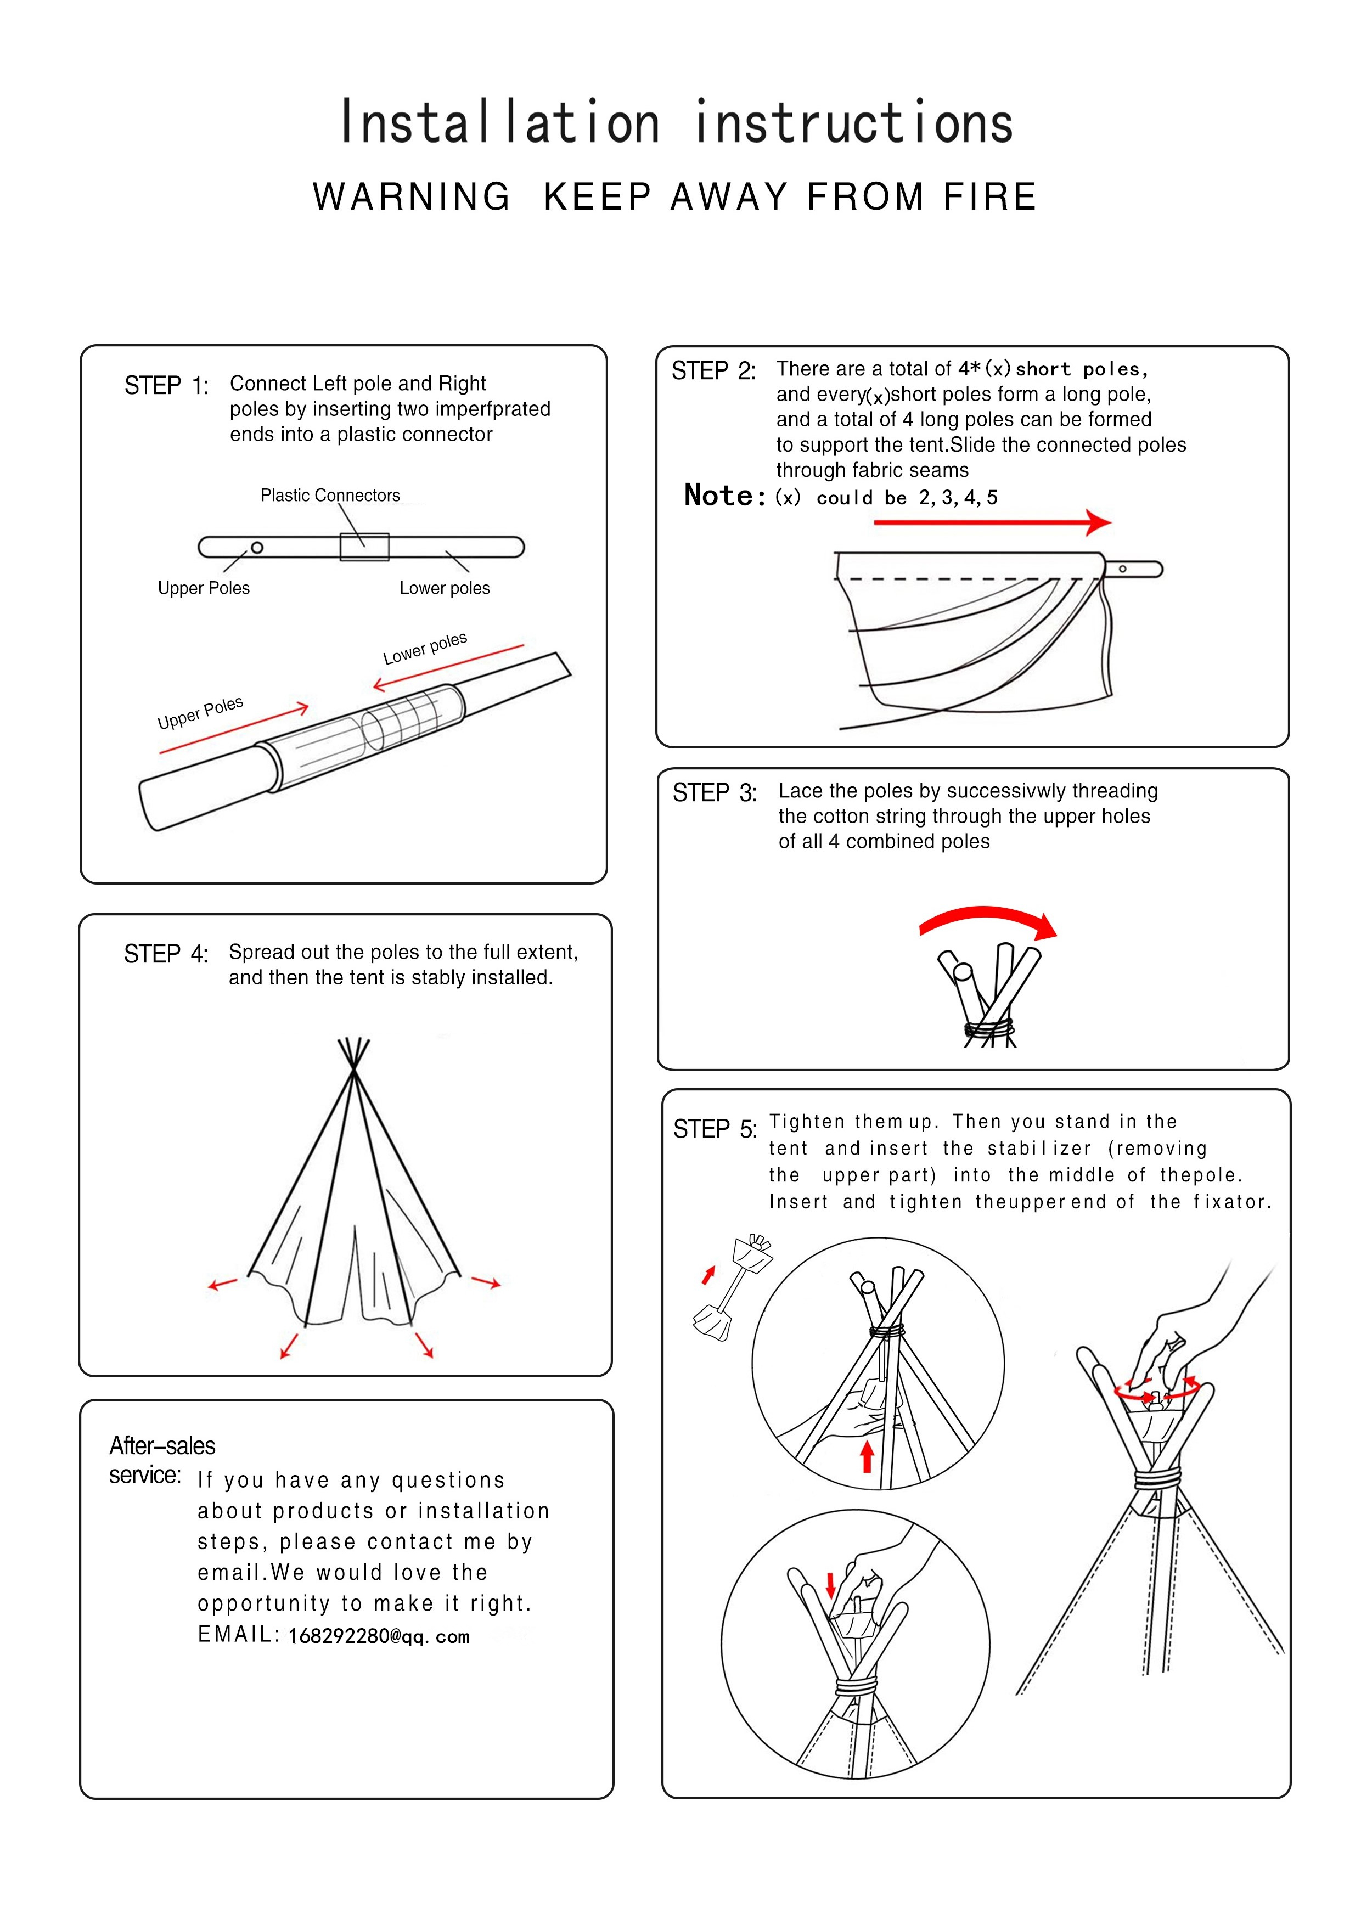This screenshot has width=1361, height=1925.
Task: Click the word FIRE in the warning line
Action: point(989,197)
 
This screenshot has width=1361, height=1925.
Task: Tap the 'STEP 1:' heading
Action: point(166,386)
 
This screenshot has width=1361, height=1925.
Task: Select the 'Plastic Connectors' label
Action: point(330,496)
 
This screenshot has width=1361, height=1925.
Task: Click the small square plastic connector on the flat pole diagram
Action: point(364,547)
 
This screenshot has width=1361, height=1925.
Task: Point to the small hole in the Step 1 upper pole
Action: point(257,548)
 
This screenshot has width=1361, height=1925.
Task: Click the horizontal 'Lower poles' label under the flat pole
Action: point(445,589)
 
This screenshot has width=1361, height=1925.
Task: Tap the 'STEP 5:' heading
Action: point(715,1129)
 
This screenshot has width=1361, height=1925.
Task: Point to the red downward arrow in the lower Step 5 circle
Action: point(831,1585)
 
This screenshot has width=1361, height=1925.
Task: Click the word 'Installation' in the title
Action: point(500,123)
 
